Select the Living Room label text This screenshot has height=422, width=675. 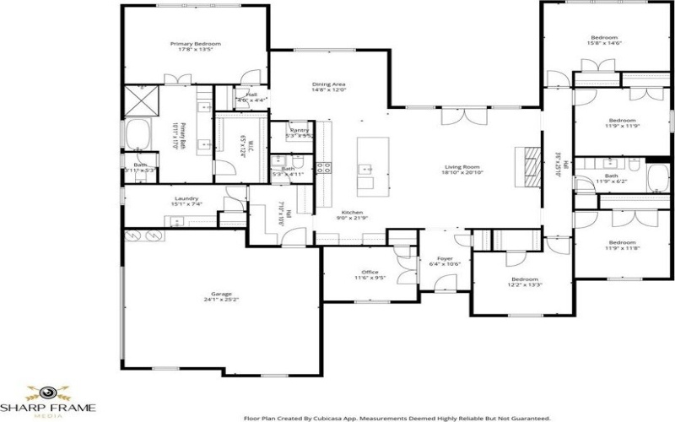pyautogui.click(x=462, y=167)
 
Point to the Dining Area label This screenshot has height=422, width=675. pyautogui.click(x=328, y=85)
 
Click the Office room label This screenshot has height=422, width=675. pyautogui.click(x=370, y=272)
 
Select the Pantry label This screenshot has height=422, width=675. pyautogui.click(x=299, y=131)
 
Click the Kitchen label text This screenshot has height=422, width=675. pyautogui.click(x=352, y=213)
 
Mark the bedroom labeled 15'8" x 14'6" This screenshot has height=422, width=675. pyautogui.click(x=604, y=38)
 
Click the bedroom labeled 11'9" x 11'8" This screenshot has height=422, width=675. pyautogui.click(x=622, y=218)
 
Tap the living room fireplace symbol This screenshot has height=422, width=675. pyautogui.click(x=527, y=165)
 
